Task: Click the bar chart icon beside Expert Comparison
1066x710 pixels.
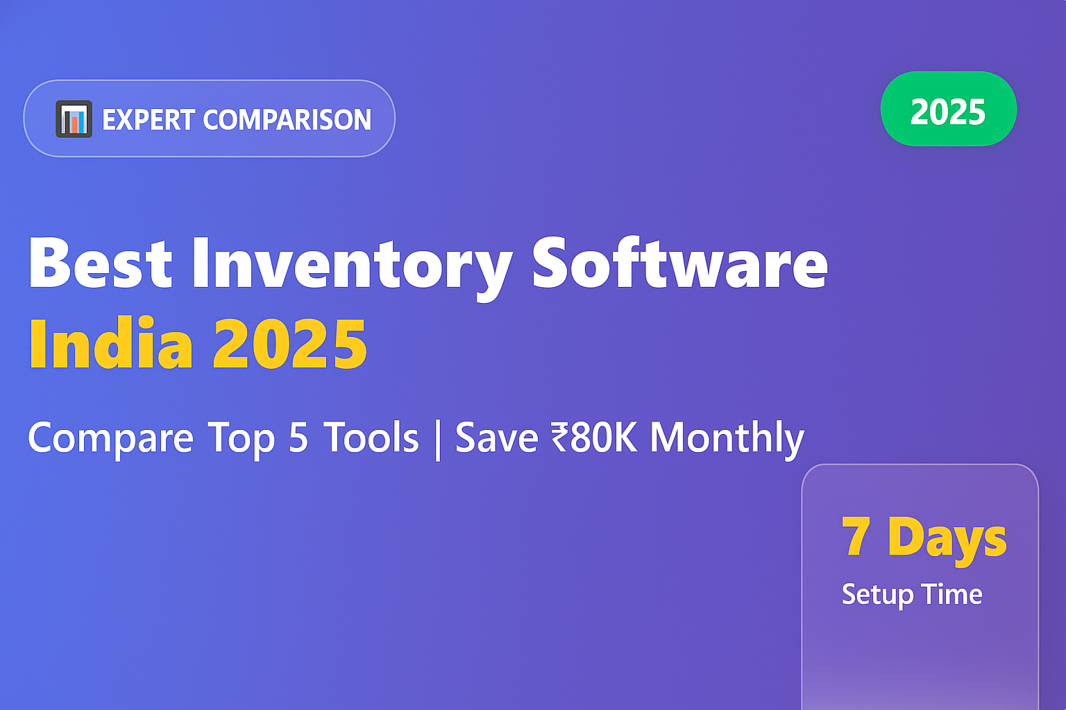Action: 74,119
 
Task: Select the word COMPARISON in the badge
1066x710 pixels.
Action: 287,120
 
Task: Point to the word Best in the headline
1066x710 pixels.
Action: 100,263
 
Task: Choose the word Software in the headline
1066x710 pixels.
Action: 679,263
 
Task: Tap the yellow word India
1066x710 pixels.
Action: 110,345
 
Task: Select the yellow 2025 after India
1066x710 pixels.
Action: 289,345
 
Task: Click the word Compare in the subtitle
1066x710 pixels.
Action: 110,439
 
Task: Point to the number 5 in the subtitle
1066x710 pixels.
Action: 298,439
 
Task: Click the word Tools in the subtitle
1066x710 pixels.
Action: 372,439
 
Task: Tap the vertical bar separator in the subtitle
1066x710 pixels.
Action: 437,439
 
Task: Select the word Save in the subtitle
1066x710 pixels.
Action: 496,439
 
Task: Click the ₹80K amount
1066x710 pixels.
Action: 594,439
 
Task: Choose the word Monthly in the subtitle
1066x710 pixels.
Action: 727,439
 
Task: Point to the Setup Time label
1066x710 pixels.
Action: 912,595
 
